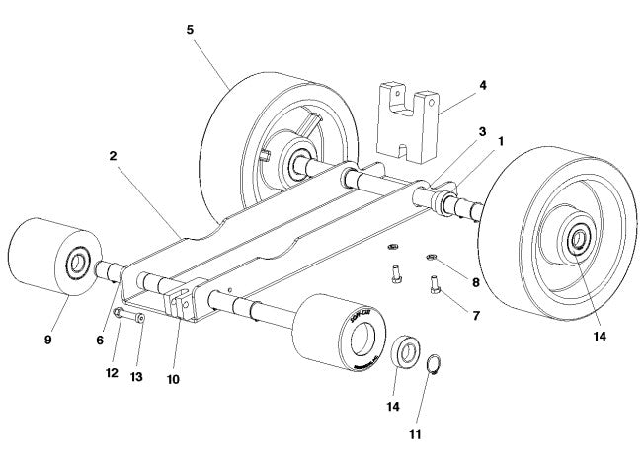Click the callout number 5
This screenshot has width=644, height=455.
tap(190, 30)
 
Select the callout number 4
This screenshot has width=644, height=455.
tap(483, 85)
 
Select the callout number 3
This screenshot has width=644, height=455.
tap(483, 130)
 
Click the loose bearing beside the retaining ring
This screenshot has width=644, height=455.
tap(404, 353)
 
